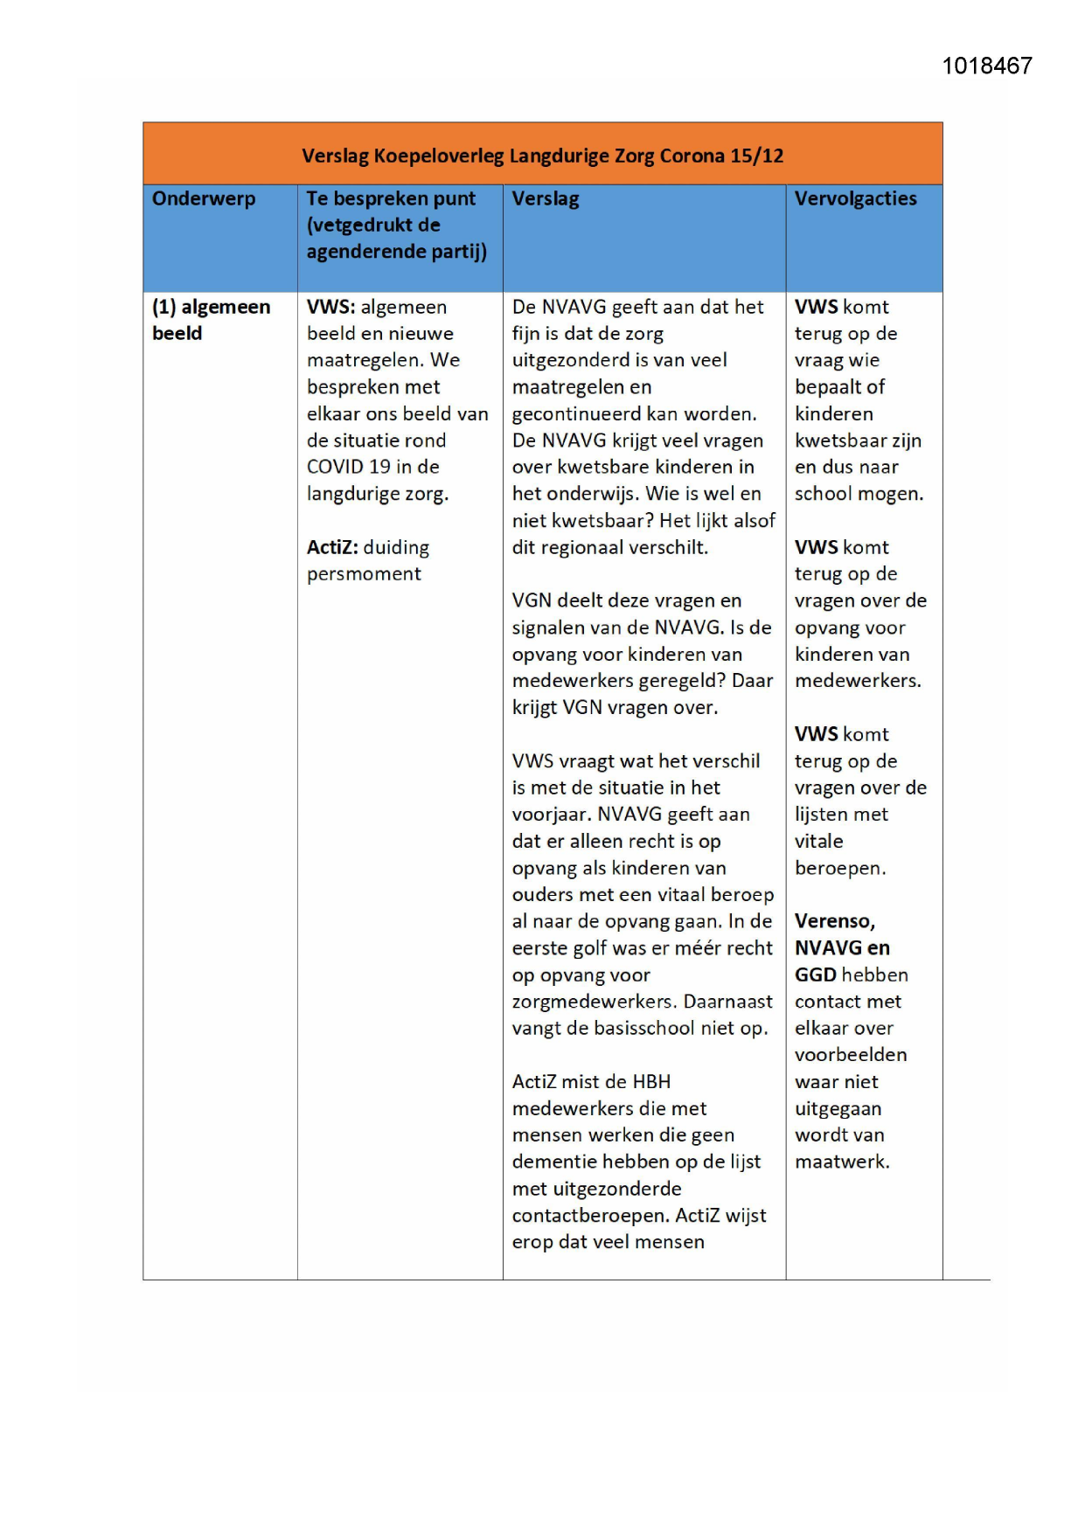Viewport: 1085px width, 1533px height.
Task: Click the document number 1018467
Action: (x=986, y=66)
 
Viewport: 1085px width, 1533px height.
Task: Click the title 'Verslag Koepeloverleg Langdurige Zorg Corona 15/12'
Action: (x=542, y=156)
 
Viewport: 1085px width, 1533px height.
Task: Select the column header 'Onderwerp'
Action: (x=204, y=198)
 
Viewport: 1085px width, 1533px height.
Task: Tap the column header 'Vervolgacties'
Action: (x=855, y=198)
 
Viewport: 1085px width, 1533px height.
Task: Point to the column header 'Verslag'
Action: (x=546, y=198)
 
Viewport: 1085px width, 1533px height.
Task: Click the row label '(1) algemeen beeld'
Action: (x=211, y=320)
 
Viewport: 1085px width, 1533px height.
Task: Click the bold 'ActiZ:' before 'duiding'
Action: (x=332, y=548)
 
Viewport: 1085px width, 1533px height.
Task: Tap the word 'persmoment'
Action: (x=364, y=574)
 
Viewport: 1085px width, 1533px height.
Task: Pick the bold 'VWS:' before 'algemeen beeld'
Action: (x=330, y=308)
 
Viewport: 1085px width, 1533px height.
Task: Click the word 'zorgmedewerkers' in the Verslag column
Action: (x=593, y=1002)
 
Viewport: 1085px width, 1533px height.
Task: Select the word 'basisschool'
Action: (x=644, y=1029)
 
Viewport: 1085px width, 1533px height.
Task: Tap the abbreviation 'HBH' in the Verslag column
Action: (x=651, y=1082)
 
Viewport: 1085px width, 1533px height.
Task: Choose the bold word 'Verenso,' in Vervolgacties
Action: (x=834, y=921)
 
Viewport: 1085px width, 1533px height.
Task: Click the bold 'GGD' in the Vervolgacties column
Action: (x=815, y=975)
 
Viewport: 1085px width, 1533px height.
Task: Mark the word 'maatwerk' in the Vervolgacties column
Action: (x=840, y=1162)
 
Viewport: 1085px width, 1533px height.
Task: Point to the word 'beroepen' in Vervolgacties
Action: (x=838, y=869)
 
